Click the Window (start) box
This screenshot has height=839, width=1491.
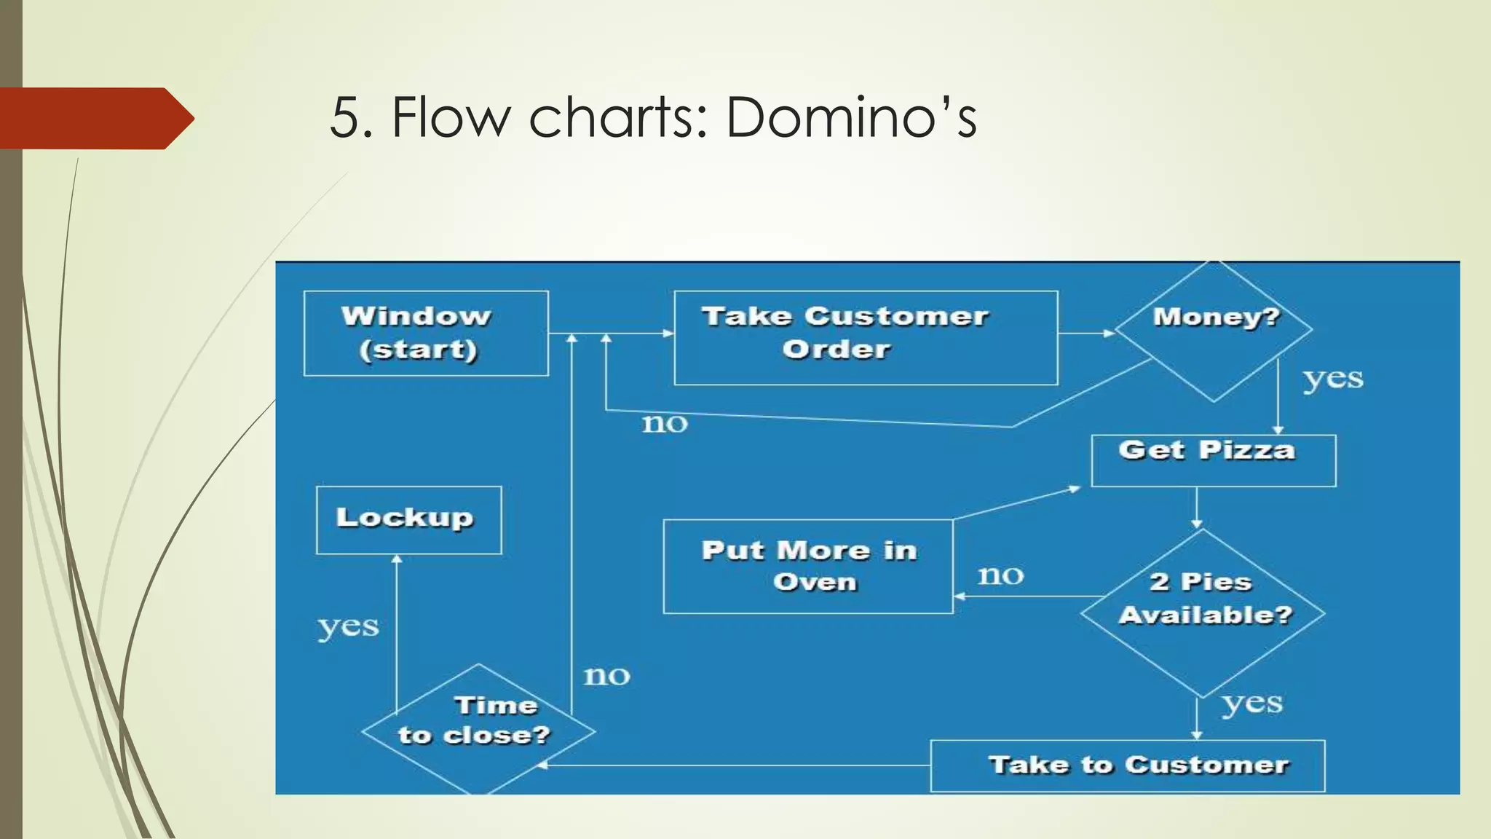pos(426,334)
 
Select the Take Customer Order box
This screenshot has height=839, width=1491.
pos(865,337)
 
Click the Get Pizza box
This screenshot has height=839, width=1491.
pos(1213,460)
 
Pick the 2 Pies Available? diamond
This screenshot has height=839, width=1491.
pos(1202,612)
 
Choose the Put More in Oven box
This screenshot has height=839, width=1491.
pos(807,567)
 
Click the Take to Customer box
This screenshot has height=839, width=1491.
pos(1127,765)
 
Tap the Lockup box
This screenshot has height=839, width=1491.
pos(408,520)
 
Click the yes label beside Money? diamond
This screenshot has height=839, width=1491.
pos(1332,379)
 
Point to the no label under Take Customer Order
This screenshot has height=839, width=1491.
pos(664,423)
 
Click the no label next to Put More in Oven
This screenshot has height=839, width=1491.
pos(1000,575)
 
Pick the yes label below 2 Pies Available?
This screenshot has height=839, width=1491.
pos(1251,704)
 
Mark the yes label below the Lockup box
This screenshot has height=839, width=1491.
pos(348,627)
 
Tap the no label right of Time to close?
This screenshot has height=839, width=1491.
pos(606,676)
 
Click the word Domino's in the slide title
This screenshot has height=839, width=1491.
pos(850,117)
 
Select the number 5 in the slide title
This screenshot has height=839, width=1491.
pos(345,118)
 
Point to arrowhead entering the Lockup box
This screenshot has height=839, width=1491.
pos(397,559)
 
